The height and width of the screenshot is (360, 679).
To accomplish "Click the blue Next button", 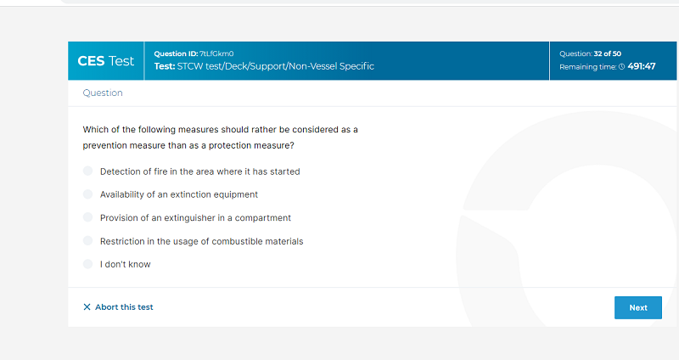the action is pos(638,307).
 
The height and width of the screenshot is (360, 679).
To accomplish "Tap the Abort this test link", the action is pos(118,307).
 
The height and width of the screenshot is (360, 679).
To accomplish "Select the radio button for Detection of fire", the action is pos(88,171).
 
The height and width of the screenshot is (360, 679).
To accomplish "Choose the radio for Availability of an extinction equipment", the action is pos(88,194).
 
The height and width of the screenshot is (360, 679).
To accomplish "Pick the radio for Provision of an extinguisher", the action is pos(88,217).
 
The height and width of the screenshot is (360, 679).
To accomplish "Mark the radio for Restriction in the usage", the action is pos(88,240).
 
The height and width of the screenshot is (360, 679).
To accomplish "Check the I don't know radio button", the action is pos(88,264).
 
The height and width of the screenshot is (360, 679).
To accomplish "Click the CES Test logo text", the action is pos(105,61).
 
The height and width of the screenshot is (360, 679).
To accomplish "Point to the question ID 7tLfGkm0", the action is pos(216,53).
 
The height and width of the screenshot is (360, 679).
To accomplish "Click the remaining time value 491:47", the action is pos(642,66).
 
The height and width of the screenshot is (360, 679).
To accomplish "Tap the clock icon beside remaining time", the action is pos(622,67).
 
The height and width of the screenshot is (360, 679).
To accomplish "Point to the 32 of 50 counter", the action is pos(608,53).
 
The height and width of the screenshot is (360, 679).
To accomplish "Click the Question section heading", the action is pos(103,93).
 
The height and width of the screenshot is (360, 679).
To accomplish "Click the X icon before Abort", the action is pos(87,307).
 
